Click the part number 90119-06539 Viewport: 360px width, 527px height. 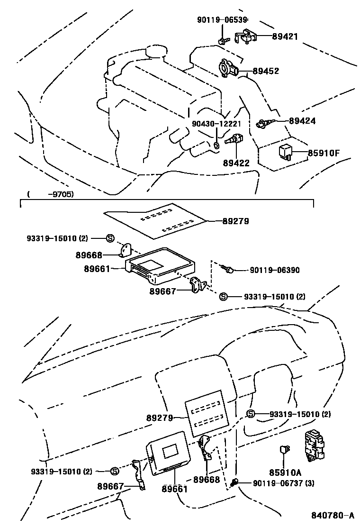[x=222, y=19]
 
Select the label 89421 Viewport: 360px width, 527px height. [x=285, y=36]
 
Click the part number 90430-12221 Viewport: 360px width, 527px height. [x=216, y=124]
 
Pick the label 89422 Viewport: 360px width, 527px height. [x=236, y=163]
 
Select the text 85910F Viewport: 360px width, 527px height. [x=324, y=153]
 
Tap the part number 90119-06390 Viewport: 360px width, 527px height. [x=274, y=270]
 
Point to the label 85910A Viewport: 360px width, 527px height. [x=285, y=472]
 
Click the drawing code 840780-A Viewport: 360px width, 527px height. [x=333, y=516]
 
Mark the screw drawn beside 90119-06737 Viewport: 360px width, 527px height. [x=234, y=483]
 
